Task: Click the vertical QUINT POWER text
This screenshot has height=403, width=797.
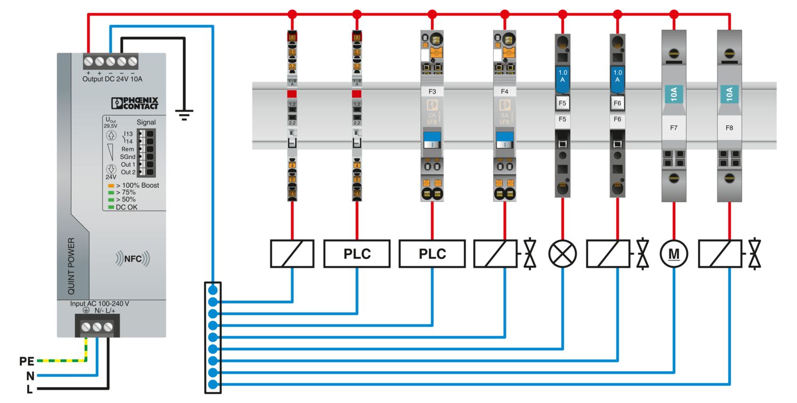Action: pos(71,266)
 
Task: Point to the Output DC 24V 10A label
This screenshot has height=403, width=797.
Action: pos(112,79)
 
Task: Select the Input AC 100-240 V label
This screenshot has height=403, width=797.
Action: pos(100,304)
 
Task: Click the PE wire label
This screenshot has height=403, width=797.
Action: pos(27,362)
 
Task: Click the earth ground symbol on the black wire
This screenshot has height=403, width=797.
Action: pos(184,114)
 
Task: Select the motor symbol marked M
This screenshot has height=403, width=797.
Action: pos(674,254)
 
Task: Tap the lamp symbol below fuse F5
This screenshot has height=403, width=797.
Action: pos(562,254)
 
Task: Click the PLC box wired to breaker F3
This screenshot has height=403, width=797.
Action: pos(432,254)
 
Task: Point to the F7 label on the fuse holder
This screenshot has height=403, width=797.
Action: pos(674,128)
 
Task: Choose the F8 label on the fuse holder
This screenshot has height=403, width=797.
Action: pos(730,128)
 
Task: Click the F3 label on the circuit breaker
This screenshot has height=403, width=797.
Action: pos(432,91)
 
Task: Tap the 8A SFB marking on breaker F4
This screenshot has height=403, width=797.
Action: pos(504,118)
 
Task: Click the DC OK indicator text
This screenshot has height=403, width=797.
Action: pos(126,207)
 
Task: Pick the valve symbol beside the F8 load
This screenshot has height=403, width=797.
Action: pos(754,254)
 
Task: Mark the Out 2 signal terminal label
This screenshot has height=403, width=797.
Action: pos(128,172)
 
